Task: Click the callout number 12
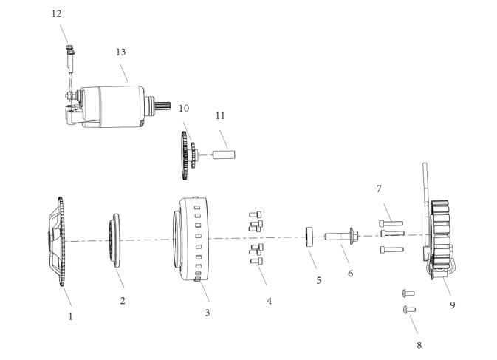click(56, 13)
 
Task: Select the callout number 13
click(121, 52)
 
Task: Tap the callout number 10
click(184, 109)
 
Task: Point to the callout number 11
click(220, 116)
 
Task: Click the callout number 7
click(379, 189)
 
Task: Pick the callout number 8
click(419, 344)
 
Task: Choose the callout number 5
click(319, 280)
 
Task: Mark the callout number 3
click(207, 313)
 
